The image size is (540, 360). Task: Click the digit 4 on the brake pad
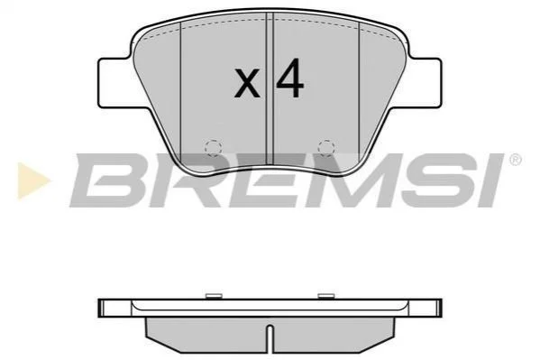(290, 78)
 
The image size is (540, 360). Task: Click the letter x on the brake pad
(247, 83)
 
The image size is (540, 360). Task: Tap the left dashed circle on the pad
(213, 148)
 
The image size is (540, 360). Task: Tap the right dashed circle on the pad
(326, 148)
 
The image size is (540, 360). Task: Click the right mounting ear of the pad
(424, 83)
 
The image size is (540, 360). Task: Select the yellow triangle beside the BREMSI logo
(33, 180)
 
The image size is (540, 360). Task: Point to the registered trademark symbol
(515, 160)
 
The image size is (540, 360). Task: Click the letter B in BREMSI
(109, 180)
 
